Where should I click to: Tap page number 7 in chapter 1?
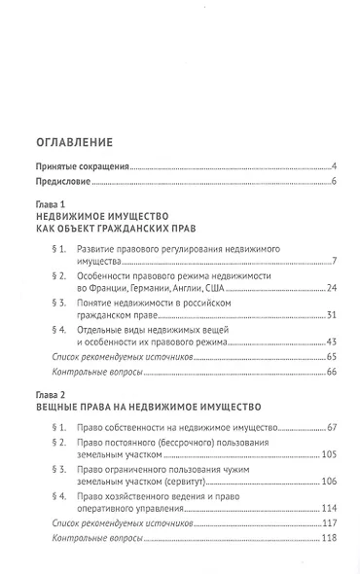click(x=333, y=262)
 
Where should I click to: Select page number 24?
click(x=331, y=288)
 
